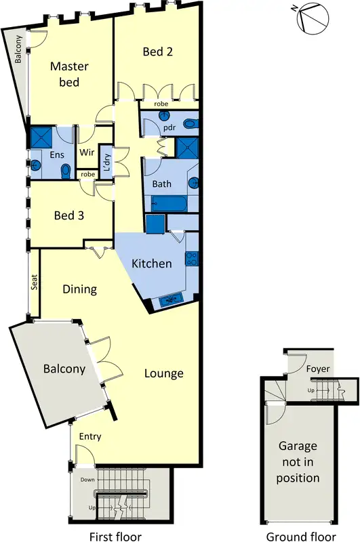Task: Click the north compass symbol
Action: [x=313, y=17]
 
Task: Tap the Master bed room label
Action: [x=65, y=75]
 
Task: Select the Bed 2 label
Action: [x=157, y=51]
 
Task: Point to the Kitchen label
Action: [x=151, y=264]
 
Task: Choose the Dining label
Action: [x=80, y=289]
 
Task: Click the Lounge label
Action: [x=163, y=373]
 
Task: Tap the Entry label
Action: [x=90, y=437]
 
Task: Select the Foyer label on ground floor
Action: [x=317, y=369]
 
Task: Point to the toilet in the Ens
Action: [x=66, y=170]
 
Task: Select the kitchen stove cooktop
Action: [x=191, y=258]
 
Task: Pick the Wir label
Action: [x=87, y=153]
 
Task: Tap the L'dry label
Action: [x=106, y=163]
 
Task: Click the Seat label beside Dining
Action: [x=33, y=282]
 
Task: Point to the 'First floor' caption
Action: [x=117, y=519]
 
